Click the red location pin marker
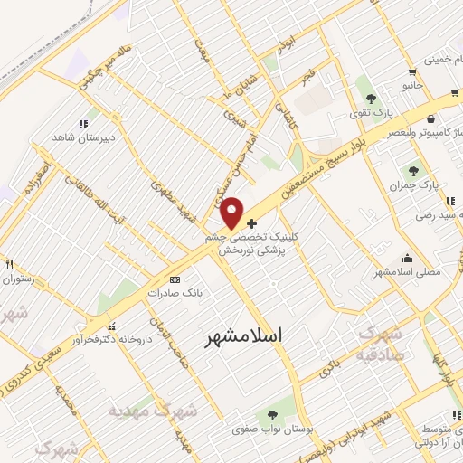click(x=232, y=213)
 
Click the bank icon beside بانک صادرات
click(x=175, y=279)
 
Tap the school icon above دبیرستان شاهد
click(x=83, y=124)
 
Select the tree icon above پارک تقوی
click(x=368, y=97)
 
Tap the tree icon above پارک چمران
click(x=413, y=169)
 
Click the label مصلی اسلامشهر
click(x=407, y=271)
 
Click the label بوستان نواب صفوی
click(x=267, y=430)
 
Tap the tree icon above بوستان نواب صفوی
click(x=271, y=415)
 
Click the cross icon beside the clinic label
click(x=251, y=222)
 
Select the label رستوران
click(x=18, y=279)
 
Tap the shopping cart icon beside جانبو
click(x=412, y=71)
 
